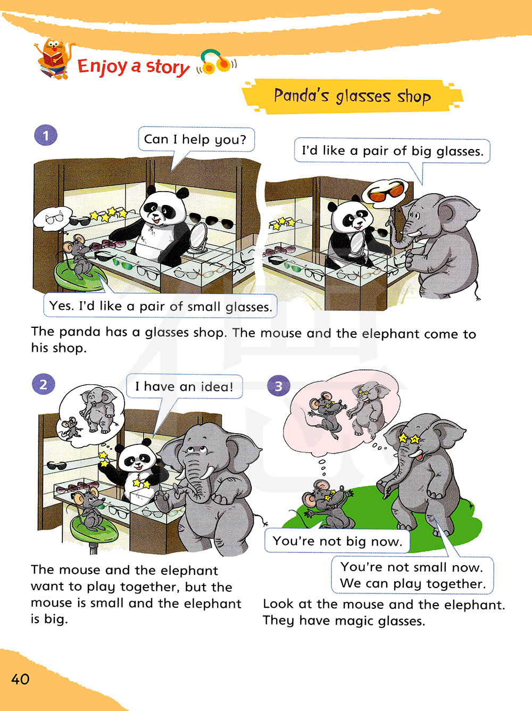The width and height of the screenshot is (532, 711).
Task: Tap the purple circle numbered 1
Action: coord(46,135)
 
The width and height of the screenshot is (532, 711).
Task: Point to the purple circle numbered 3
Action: coord(278,385)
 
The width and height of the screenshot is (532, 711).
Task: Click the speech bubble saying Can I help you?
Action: coord(196,139)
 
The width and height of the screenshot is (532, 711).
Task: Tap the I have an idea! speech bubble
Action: coord(184,386)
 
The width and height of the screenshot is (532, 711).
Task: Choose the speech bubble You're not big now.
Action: coord(337,541)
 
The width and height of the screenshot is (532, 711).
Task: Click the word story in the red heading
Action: coord(168,67)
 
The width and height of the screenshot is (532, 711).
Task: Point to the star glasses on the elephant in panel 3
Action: coord(409,439)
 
